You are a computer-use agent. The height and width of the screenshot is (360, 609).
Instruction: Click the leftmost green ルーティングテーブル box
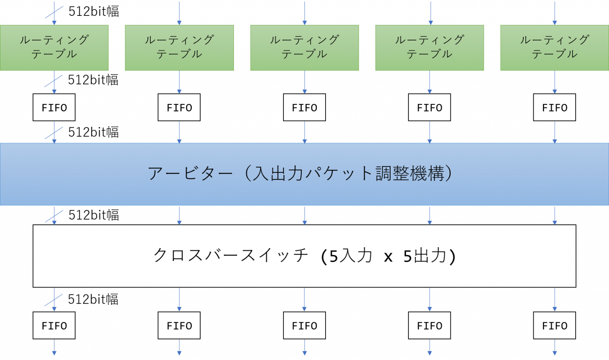point(54,48)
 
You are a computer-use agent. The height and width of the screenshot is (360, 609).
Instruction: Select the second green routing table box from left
point(179,48)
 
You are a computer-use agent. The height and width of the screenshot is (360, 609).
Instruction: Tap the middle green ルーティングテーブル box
point(304,48)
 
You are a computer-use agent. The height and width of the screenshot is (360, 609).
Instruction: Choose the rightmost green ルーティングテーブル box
point(554,48)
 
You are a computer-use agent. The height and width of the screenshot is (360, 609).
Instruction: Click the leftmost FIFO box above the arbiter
point(54,107)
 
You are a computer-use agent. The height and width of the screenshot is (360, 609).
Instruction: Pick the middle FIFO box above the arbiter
point(304,107)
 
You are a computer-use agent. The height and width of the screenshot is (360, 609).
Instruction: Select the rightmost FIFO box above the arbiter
point(554,107)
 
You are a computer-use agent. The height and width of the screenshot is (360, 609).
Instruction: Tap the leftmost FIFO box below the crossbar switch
point(54,326)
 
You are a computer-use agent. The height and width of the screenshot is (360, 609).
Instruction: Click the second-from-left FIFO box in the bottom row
point(179,326)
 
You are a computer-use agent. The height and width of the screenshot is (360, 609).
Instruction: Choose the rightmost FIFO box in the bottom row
point(554,326)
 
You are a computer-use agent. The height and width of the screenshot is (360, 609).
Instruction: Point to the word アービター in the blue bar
point(190,174)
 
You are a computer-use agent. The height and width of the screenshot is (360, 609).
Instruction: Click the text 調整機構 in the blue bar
point(410,174)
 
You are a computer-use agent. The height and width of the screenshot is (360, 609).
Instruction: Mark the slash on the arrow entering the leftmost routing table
point(54,12)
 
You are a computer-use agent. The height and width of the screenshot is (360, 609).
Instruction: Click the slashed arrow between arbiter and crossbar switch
point(54,216)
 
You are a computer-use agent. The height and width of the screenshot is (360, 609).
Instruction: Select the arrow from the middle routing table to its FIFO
point(304,82)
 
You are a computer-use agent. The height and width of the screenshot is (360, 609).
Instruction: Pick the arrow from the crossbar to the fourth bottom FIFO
point(429,299)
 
